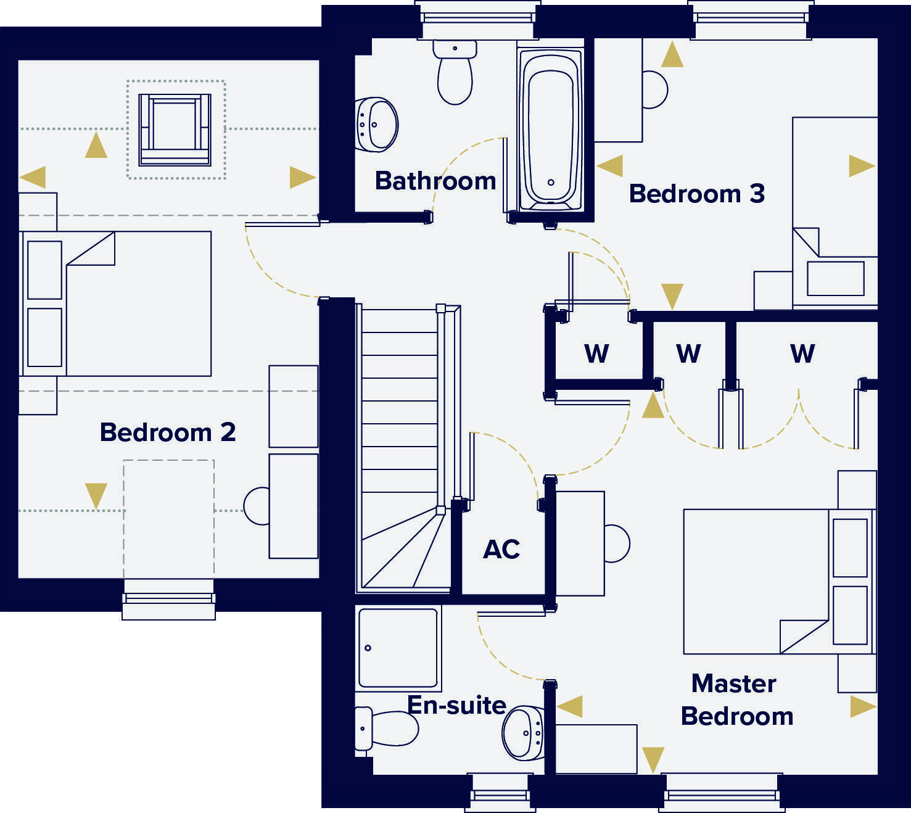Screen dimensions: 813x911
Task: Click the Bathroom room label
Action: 435,181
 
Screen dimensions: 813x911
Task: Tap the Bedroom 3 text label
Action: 696,194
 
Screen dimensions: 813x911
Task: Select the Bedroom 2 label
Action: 168,432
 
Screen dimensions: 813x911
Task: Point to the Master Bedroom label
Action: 736,700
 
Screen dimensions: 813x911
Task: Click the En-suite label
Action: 456,705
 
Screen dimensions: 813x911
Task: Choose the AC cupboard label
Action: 501,549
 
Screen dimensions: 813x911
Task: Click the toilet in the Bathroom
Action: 455,73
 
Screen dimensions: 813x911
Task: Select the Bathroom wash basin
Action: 376,125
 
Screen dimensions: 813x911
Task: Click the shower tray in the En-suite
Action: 398,648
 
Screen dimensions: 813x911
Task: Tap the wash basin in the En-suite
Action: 523,733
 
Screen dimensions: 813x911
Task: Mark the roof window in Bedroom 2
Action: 175,130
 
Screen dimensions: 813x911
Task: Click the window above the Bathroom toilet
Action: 477,19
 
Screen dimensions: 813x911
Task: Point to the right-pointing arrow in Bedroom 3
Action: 861,166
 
